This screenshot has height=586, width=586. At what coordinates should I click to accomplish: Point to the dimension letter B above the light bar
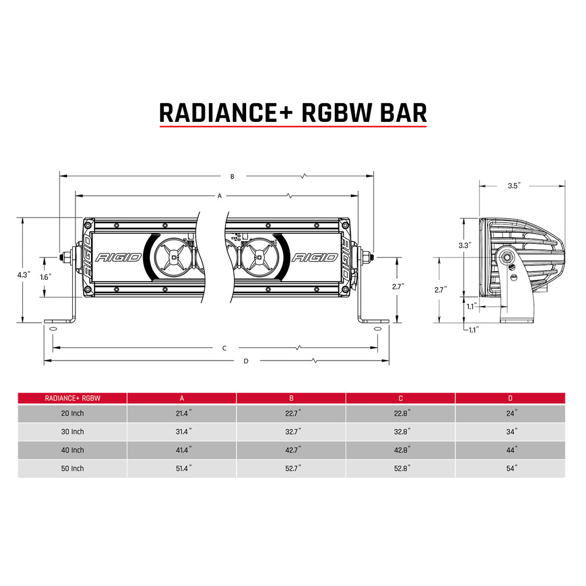pyautogui.click(x=232, y=176)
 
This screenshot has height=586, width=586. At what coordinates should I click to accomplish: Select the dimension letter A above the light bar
pyautogui.click(x=219, y=196)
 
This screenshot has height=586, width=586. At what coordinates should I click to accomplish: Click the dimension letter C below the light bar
pyautogui.click(x=224, y=348)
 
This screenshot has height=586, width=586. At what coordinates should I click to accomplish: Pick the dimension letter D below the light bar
pyautogui.click(x=246, y=361)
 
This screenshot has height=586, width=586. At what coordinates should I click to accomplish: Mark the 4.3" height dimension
pyautogui.click(x=23, y=275)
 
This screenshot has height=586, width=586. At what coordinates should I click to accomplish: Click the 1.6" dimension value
pyautogui.click(x=46, y=276)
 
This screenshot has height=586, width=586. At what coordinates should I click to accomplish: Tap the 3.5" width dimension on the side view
pyautogui.click(x=513, y=185)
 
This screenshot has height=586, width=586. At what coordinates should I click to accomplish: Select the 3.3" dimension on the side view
pyautogui.click(x=465, y=245)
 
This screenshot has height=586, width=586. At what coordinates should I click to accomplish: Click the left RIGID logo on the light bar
pyautogui.click(x=118, y=257)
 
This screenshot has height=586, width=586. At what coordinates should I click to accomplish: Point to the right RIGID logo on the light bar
pyautogui.click(x=314, y=257)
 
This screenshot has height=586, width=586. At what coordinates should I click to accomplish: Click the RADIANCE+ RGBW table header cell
pyautogui.click(x=72, y=398)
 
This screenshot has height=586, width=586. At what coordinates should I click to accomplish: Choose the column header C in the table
pyautogui.click(x=401, y=398)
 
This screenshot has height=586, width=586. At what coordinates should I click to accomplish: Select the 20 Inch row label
pyautogui.click(x=73, y=413)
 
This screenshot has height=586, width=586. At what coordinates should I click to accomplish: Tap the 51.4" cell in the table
pyautogui.click(x=182, y=468)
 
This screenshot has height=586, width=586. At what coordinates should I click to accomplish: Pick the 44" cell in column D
pyautogui.click(x=511, y=450)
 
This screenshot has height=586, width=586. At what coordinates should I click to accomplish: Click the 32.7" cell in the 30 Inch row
pyautogui.click(x=291, y=431)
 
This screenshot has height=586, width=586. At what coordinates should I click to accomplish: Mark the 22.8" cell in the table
pyautogui.click(x=401, y=413)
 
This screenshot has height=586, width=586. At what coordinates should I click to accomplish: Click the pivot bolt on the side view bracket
pyautogui.click(x=507, y=257)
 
